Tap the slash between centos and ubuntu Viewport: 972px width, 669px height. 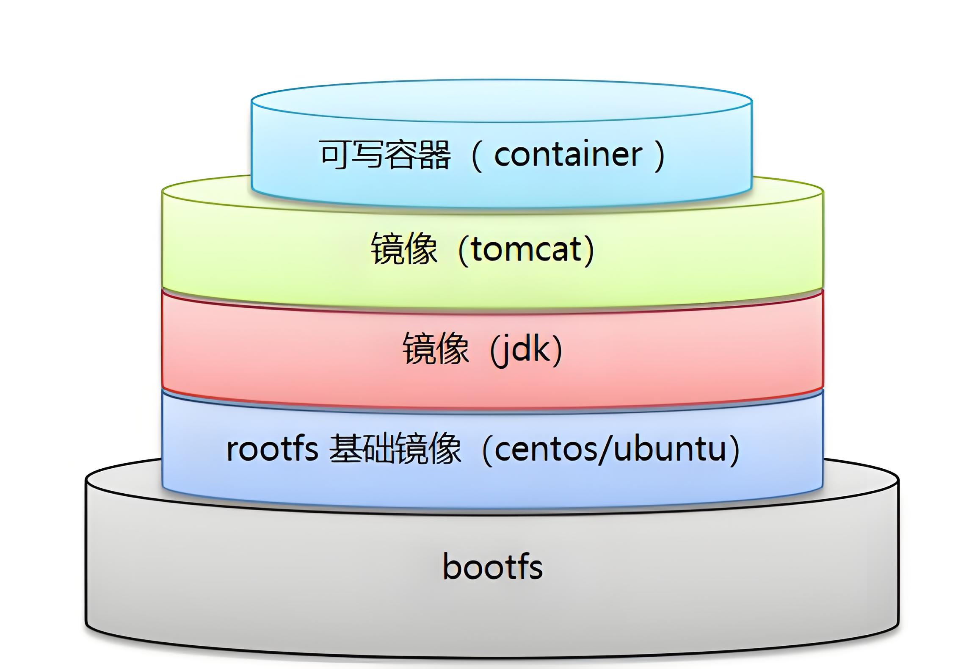(606, 450)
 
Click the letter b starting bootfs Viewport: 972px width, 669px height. (451, 567)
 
